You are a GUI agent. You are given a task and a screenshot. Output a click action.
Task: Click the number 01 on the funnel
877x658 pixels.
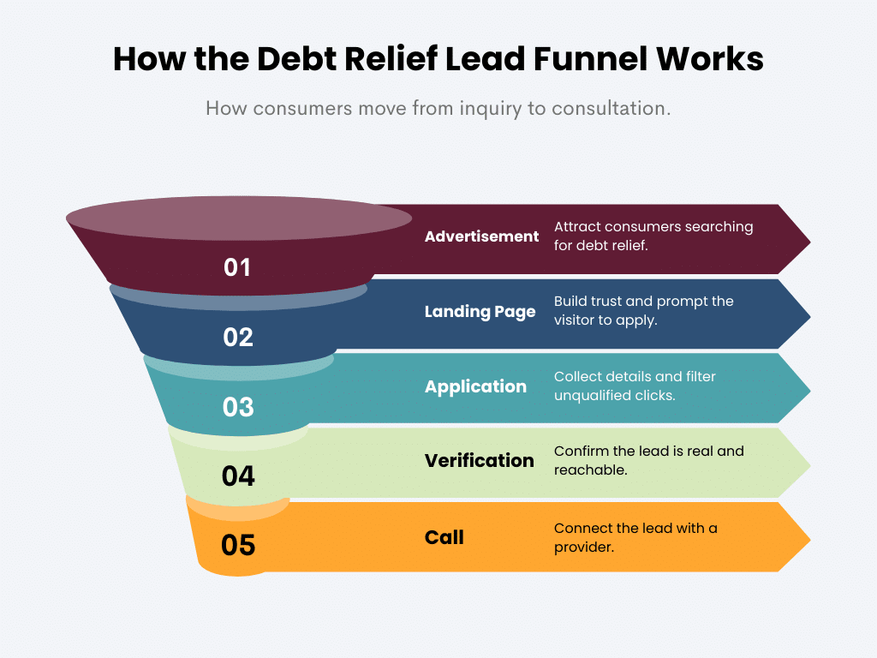click(x=237, y=268)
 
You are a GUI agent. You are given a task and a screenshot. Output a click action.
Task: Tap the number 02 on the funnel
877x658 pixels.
click(x=238, y=338)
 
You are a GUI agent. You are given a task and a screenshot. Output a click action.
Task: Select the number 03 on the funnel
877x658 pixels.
click(x=238, y=407)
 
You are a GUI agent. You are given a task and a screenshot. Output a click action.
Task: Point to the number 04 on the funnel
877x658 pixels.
click(x=238, y=476)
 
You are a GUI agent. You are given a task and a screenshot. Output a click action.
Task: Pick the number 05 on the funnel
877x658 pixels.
click(x=238, y=545)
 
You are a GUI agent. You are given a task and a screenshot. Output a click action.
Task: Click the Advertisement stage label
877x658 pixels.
click(x=481, y=236)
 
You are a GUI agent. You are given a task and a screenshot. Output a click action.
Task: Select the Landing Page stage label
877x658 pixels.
click(x=480, y=312)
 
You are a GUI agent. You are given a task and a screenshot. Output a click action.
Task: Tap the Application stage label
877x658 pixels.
click(x=475, y=386)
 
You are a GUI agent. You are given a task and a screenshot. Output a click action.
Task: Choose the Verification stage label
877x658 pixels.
click(x=479, y=461)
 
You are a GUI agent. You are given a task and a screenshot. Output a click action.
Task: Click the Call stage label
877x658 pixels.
click(x=444, y=537)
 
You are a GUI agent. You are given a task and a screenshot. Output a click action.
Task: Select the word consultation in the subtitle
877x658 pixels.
click(x=611, y=110)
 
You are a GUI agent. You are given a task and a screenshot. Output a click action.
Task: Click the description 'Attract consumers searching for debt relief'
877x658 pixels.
click(x=653, y=236)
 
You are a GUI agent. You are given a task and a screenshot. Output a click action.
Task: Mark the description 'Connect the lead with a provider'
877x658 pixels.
click(x=635, y=537)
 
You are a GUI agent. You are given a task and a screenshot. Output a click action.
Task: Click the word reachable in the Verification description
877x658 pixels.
click(x=591, y=470)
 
